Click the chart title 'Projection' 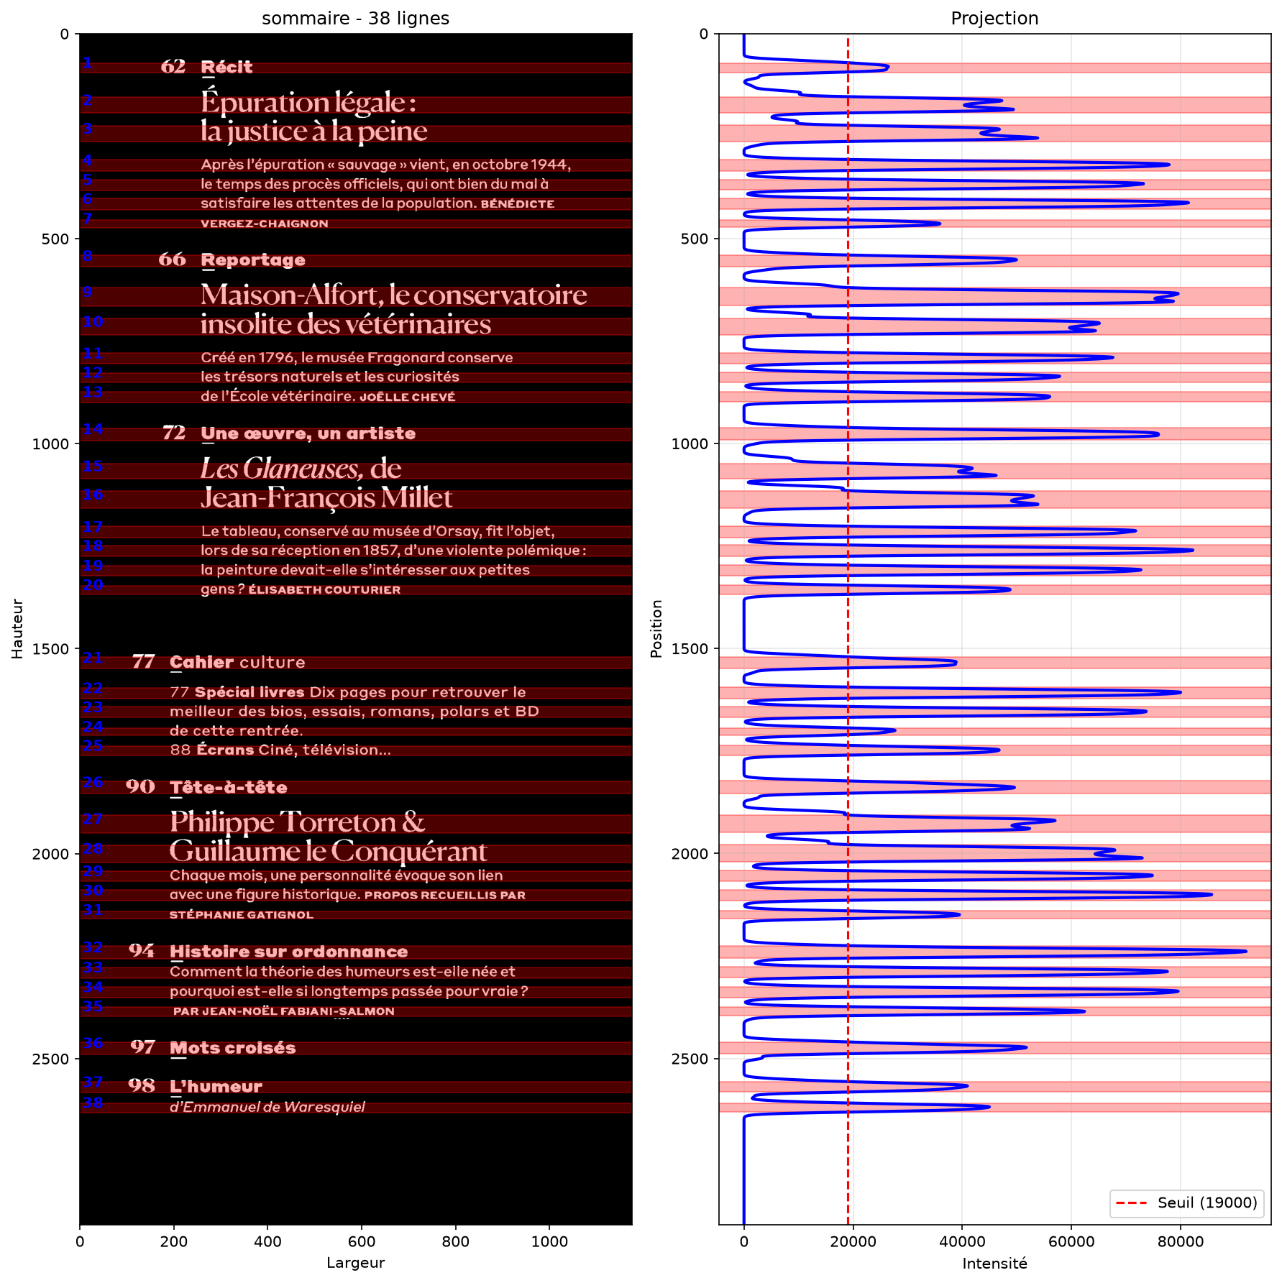click(994, 18)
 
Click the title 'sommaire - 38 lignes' click(355, 18)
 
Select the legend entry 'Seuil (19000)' click(1207, 1202)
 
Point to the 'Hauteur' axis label click(17, 628)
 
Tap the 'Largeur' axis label click(355, 1262)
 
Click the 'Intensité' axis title click(994, 1263)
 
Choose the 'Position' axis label click(656, 628)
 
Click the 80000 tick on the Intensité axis click(1180, 1241)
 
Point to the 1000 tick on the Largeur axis click(549, 1241)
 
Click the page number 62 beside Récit click(173, 67)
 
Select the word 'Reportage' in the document click(253, 260)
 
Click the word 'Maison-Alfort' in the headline click(290, 295)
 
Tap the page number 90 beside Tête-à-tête click(140, 786)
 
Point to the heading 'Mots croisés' click(233, 1048)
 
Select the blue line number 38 click(93, 1103)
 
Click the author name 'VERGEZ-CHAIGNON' click(265, 224)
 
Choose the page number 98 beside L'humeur click(142, 1085)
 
